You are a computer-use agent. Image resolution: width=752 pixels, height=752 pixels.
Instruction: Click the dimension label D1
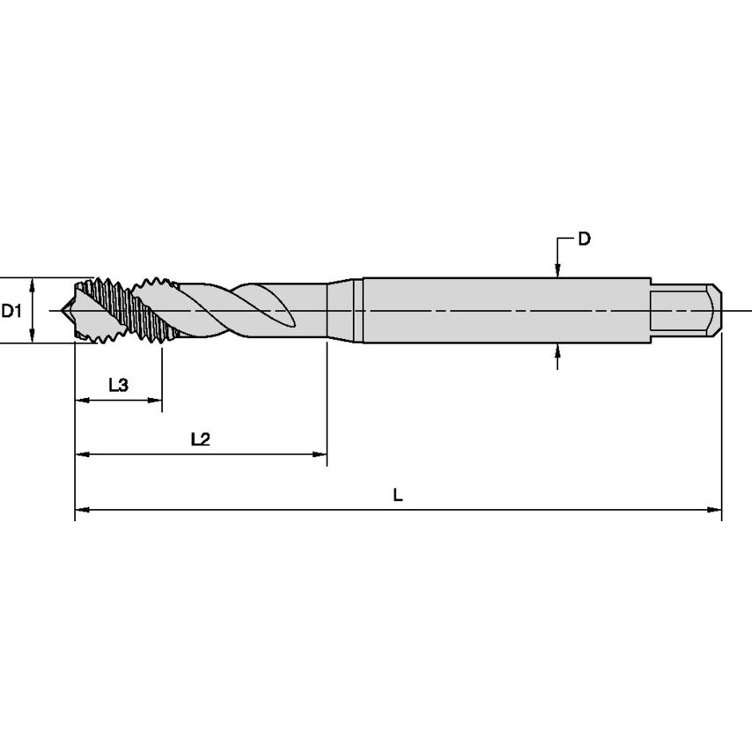coord(11,311)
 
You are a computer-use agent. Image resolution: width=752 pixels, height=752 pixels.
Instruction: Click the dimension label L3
coord(119,385)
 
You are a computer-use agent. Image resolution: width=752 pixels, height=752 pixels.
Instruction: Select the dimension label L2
coord(200,439)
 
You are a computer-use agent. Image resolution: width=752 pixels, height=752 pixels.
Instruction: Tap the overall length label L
coord(398,495)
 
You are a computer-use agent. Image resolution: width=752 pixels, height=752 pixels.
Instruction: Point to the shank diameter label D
coord(584,239)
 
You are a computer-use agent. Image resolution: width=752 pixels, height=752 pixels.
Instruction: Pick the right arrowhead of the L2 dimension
coord(320,454)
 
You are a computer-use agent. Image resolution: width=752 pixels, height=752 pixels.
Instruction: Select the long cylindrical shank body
coord(502,311)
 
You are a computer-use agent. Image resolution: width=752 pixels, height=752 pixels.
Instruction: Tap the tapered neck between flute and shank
coord(343,311)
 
